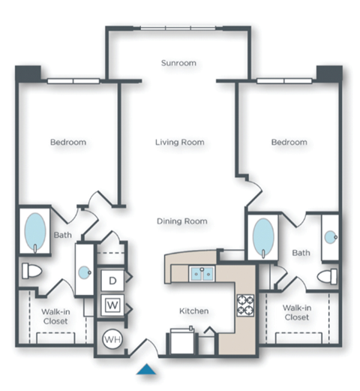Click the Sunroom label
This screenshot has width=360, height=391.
(178, 63)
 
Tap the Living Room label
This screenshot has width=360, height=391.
(180, 142)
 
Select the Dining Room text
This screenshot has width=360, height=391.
(181, 221)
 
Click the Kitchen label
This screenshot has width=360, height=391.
(193, 311)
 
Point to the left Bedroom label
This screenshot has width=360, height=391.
(68, 142)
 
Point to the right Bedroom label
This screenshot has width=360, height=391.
(289, 142)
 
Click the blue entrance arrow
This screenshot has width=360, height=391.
(147, 368)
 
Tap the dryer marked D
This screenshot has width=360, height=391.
(114, 281)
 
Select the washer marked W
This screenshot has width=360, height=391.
(114, 305)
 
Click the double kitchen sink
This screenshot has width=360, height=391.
(202, 273)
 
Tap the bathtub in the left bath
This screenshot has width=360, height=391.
(35, 232)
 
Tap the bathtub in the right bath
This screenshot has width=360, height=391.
(262, 236)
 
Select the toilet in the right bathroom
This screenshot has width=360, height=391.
(328, 276)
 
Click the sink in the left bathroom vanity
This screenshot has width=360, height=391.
(84, 270)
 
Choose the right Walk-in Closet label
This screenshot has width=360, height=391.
(298, 311)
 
